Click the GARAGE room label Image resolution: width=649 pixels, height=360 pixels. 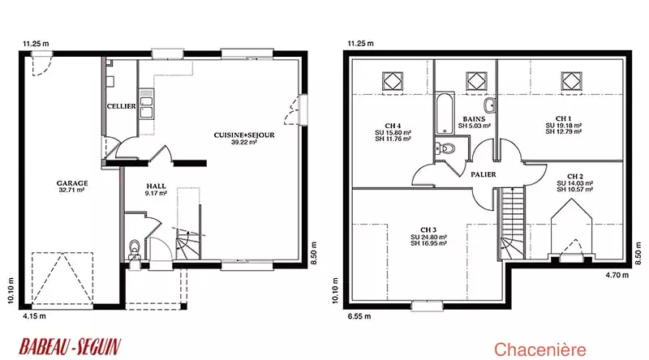(72, 183)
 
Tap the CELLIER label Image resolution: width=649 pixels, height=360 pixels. (121, 106)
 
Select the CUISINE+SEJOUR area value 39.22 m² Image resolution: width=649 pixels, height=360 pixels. (244, 142)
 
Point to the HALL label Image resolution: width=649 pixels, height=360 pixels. (156, 186)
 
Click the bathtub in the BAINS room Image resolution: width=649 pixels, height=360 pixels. (445, 114)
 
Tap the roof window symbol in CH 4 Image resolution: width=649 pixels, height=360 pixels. (393, 81)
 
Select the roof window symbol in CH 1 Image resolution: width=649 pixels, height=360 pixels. (571, 81)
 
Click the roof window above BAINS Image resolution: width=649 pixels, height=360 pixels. (477, 81)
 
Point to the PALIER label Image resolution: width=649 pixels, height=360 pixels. (484, 174)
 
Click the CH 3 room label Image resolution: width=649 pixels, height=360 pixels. (428, 230)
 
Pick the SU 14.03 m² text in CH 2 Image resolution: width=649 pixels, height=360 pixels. (575, 183)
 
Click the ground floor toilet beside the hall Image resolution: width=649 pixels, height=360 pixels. (135, 249)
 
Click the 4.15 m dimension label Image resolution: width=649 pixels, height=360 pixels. (34, 316)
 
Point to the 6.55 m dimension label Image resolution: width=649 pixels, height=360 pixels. (359, 316)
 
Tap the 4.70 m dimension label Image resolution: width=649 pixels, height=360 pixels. (617, 275)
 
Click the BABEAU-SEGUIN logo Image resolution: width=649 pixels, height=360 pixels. (70, 347)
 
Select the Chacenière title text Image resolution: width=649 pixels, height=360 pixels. (540, 349)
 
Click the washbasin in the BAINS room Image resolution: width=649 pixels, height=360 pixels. (490, 105)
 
